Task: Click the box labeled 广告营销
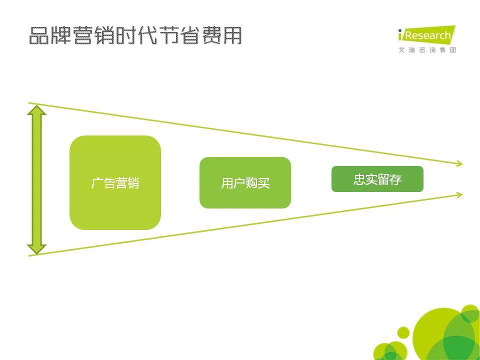(115, 182)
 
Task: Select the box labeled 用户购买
(245, 183)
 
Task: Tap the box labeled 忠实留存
(377, 179)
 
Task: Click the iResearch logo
(426, 35)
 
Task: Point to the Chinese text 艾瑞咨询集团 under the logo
(427, 50)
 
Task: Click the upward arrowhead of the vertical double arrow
(36, 110)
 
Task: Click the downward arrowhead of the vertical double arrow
(36, 249)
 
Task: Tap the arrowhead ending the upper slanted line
(459, 164)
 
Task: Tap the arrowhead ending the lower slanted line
(459, 194)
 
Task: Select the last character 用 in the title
(232, 35)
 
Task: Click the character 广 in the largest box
(96, 183)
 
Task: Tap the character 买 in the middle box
(263, 183)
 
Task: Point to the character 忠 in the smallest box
(359, 179)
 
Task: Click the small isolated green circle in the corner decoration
(403, 333)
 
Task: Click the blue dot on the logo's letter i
(400, 30)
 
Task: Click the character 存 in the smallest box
(395, 179)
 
